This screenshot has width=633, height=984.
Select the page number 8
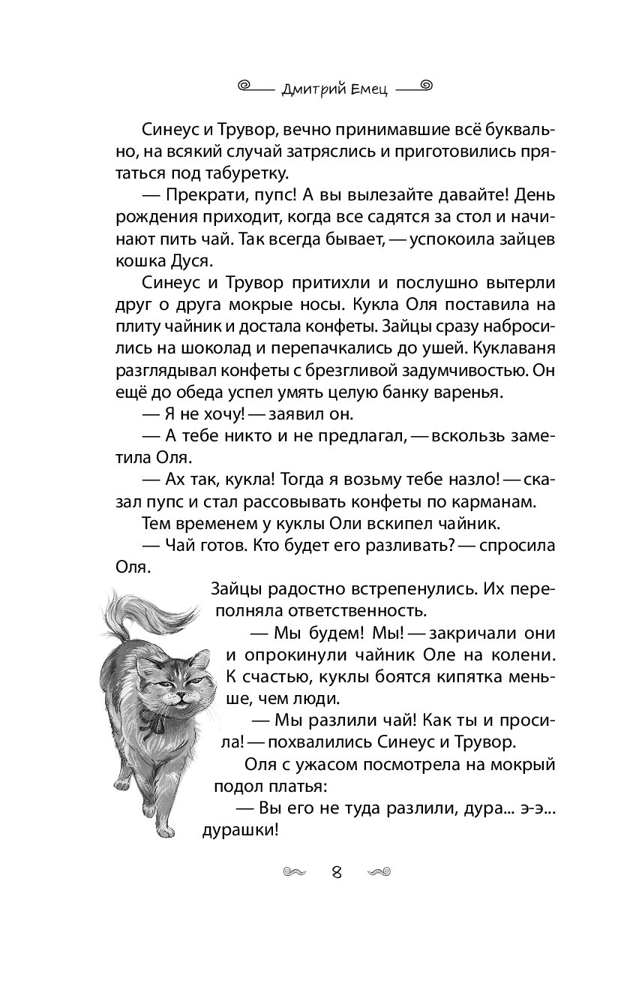click(337, 872)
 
